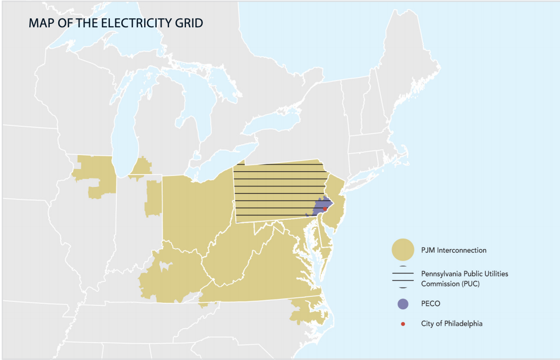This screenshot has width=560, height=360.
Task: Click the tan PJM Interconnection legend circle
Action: (x=403, y=250)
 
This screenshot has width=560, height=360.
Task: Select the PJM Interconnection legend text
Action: (x=454, y=250)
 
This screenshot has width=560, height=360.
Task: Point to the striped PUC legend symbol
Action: (x=403, y=278)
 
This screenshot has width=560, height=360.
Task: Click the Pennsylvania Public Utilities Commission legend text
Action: (x=465, y=278)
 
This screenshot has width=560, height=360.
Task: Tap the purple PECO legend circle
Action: (x=403, y=303)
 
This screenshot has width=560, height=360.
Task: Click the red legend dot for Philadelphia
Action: (x=403, y=324)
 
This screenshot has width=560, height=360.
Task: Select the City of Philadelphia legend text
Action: (x=452, y=324)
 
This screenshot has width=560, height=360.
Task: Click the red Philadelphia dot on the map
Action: (x=324, y=209)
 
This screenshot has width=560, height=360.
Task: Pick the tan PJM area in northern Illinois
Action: (x=94, y=172)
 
